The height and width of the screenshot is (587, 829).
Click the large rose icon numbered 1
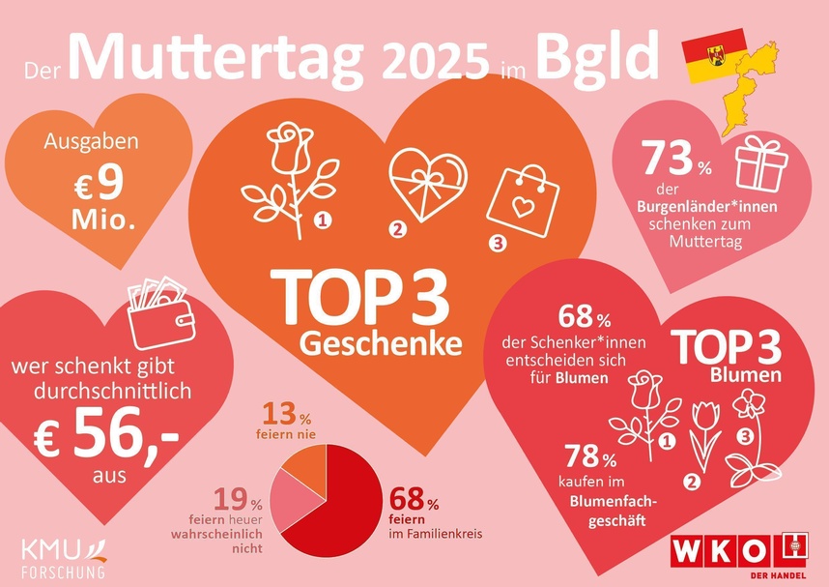287,174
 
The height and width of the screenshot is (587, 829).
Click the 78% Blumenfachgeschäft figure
590,455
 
